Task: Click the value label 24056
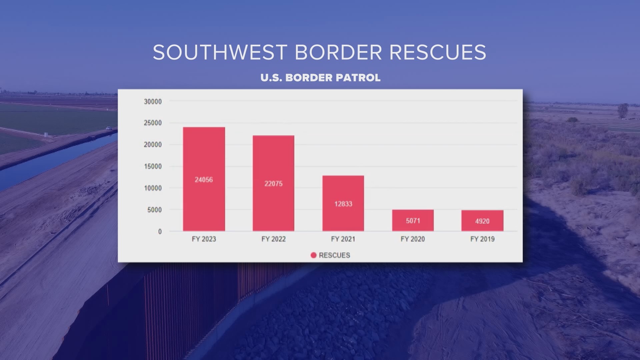click(x=204, y=180)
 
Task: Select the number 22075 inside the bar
click(x=273, y=184)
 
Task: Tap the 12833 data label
click(x=343, y=204)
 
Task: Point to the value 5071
click(x=413, y=221)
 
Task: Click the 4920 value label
click(x=482, y=221)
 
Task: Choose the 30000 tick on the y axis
click(x=153, y=101)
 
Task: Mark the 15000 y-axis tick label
click(x=153, y=166)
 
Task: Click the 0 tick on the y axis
click(x=160, y=231)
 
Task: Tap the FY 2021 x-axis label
click(x=343, y=239)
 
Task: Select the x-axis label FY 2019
click(x=482, y=239)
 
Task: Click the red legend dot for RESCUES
click(x=313, y=255)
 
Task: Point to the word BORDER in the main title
click(x=338, y=52)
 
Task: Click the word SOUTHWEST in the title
click(x=220, y=52)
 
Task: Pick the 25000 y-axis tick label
click(x=153, y=123)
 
